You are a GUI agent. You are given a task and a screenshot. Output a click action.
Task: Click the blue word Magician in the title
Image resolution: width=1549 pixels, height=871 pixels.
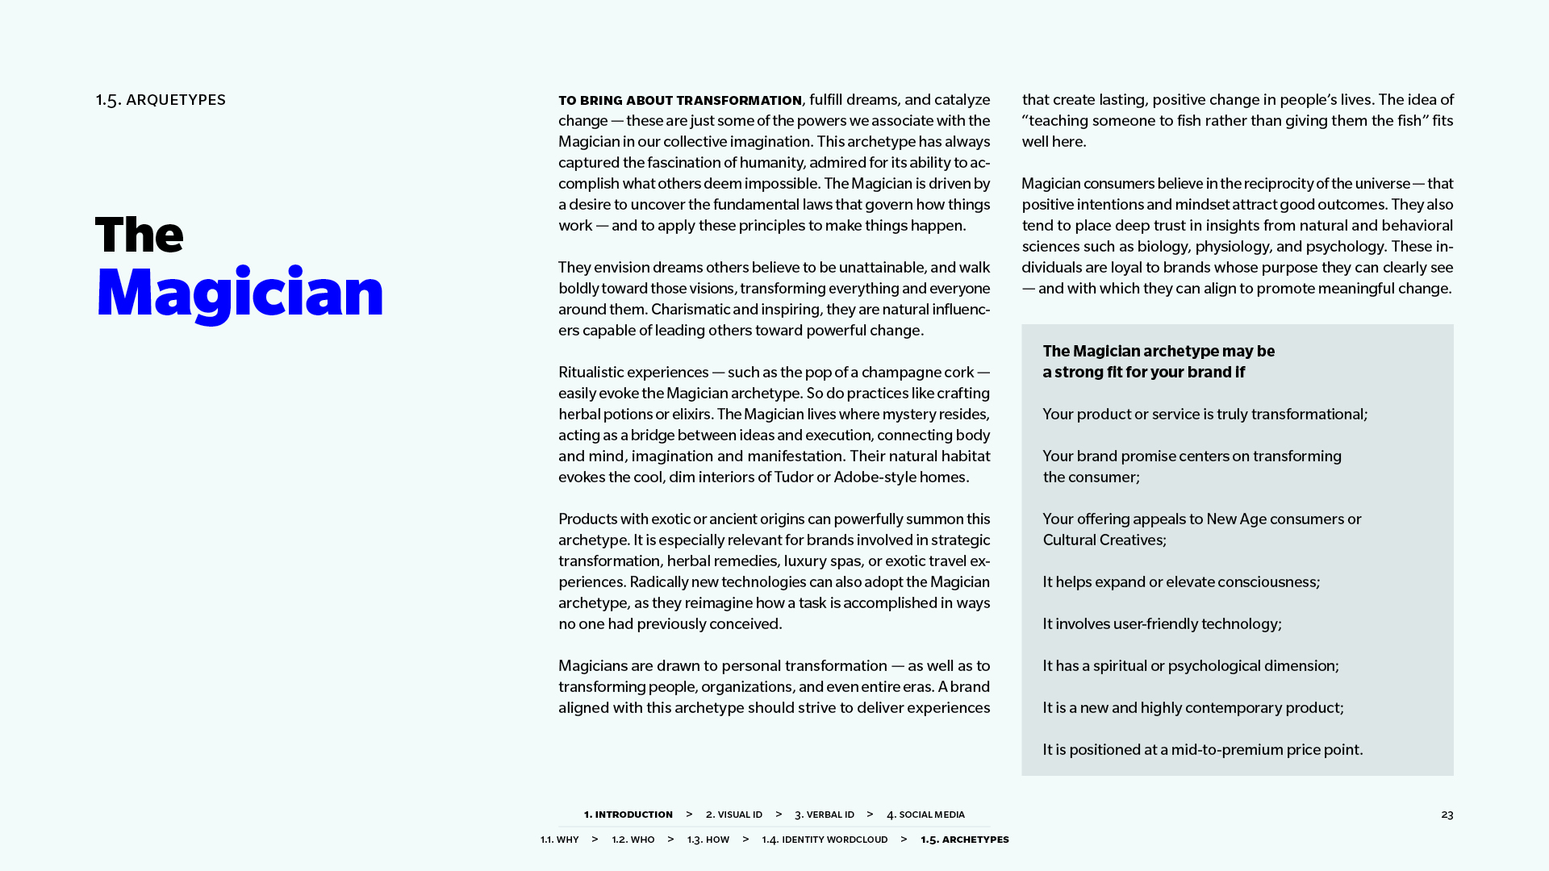240,293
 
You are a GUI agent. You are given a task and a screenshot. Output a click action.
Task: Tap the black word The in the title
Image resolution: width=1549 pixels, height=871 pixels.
140,235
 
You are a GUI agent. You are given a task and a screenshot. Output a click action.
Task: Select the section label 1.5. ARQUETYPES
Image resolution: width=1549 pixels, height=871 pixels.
161,100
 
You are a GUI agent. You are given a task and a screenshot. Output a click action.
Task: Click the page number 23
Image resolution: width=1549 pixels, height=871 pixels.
1447,815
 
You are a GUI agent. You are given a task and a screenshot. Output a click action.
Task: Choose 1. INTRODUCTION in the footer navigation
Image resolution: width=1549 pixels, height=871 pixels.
628,815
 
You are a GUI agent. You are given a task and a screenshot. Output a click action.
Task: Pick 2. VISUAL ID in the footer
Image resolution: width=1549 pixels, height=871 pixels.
733,815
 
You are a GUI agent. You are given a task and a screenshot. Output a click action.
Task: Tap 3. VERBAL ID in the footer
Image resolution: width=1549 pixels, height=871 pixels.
824,815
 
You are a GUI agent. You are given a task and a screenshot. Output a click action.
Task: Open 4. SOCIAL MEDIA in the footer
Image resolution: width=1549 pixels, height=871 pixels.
925,815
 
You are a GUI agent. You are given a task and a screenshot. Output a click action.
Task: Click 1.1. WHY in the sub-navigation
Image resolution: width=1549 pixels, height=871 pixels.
559,840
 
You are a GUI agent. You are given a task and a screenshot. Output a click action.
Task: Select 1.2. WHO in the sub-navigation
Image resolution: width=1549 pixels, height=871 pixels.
633,840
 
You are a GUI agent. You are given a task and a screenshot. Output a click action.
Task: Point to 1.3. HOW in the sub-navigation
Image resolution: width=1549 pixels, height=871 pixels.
708,840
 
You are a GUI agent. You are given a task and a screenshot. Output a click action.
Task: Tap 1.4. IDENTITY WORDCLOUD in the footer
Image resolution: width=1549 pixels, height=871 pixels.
825,840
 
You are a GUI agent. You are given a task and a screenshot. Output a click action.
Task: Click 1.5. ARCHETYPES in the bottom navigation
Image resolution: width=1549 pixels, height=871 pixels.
964,840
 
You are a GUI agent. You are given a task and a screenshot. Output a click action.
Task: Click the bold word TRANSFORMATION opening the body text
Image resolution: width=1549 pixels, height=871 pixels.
739,101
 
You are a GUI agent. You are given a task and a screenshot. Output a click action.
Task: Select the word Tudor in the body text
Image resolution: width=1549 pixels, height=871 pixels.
793,477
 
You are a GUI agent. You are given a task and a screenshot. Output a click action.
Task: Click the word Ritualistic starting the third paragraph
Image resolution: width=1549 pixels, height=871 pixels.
592,373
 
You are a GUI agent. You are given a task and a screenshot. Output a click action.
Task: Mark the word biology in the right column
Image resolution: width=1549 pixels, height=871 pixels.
1163,247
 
